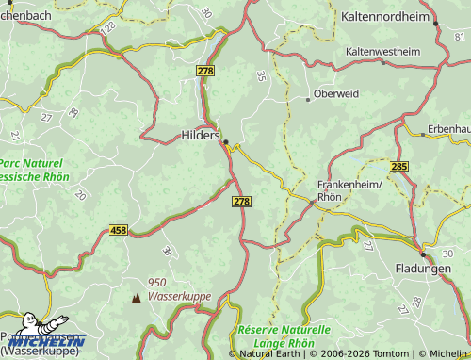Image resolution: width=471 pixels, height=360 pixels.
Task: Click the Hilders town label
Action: [199, 136]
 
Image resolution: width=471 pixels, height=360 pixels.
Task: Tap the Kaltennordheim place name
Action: [384, 17]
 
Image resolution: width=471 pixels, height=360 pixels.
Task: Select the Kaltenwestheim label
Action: [385, 51]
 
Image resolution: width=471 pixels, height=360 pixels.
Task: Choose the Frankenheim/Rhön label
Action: [350, 190]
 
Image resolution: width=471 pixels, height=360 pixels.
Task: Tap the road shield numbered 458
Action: [118, 230]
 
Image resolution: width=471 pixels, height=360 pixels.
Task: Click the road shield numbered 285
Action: [399, 166]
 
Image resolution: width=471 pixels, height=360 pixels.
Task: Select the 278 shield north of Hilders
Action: [206, 71]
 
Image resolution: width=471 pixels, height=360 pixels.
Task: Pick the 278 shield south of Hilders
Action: [241, 202]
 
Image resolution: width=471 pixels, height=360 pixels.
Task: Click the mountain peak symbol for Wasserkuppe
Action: [136, 297]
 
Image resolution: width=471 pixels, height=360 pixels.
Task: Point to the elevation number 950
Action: [156, 282]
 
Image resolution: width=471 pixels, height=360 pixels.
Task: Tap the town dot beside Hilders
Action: [226, 142]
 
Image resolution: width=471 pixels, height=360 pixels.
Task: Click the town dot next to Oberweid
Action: [308, 98]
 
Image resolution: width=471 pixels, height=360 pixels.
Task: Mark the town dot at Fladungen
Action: [423, 254]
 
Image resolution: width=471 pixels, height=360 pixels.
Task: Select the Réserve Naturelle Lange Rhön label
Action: [284, 336]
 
